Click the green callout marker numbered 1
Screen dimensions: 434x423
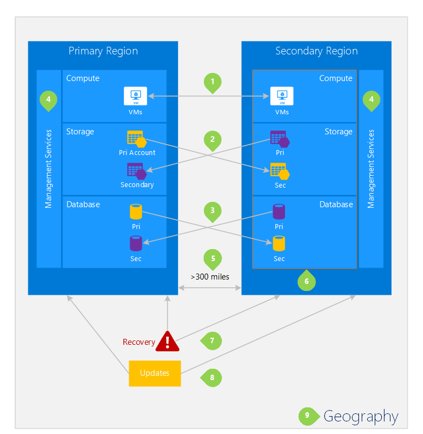point(212,82)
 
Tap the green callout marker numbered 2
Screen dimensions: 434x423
point(212,140)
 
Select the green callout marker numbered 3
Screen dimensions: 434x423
point(212,211)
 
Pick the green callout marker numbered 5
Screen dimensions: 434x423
point(212,258)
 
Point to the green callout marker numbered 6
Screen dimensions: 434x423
point(307,281)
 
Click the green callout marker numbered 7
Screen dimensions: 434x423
point(212,341)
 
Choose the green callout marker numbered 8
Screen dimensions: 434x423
point(212,377)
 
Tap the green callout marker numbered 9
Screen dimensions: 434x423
point(307,416)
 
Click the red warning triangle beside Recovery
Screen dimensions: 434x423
point(168,341)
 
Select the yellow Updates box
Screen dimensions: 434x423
point(155,373)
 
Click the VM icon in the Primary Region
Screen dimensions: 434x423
point(133,96)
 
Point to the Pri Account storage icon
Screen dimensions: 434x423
point(136,139)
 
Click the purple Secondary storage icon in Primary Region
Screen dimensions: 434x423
point(136,171)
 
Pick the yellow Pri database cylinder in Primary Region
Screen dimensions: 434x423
point(136,212)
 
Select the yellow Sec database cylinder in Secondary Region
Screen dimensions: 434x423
point(279,244)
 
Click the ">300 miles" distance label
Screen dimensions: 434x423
point(210,277)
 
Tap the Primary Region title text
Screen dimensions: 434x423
point(103,51)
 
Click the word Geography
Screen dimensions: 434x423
point(361,417)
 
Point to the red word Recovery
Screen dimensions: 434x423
point(138,342)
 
